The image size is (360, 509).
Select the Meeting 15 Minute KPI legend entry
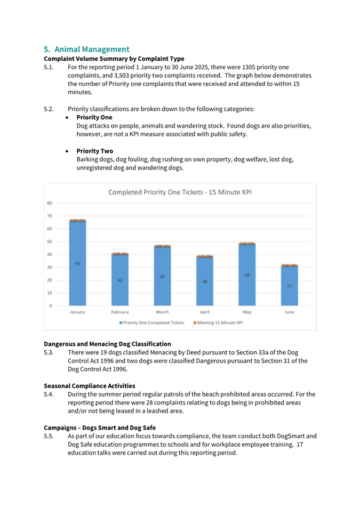click(x=218, y=322)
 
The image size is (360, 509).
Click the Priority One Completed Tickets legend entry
click(x=152, y=322)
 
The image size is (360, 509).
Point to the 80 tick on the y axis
click(x=49, y=203)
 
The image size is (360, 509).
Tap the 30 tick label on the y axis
click(x=49, y=267)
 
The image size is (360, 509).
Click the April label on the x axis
click(x=204, y=312)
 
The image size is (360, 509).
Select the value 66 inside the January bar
click(x=77, y=264)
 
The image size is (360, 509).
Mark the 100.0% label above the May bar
click(x=247, y=244)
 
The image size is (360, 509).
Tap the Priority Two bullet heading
click(x=94, y=151)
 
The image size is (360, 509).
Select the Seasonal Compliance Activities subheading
click(x=89, y=385)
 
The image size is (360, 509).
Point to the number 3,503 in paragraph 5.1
click(x=116, y=76)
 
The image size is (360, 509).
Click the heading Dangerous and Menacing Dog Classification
click(x=107, y=344)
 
